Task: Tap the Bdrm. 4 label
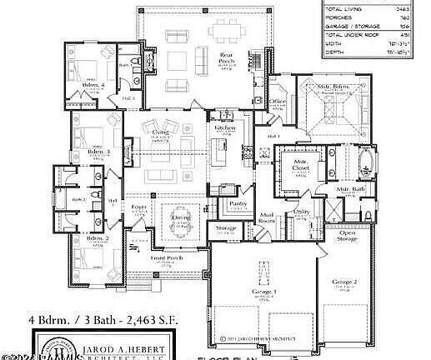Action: [x=93, y=85]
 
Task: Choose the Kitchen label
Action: [x=225, y=128]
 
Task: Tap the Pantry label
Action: [x=239, y=202]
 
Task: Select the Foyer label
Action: [x=138, y=206]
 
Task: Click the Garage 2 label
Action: [x=345, y=283]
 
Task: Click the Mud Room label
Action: [x=267, y=219]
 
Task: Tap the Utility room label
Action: [x=302, y=213]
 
